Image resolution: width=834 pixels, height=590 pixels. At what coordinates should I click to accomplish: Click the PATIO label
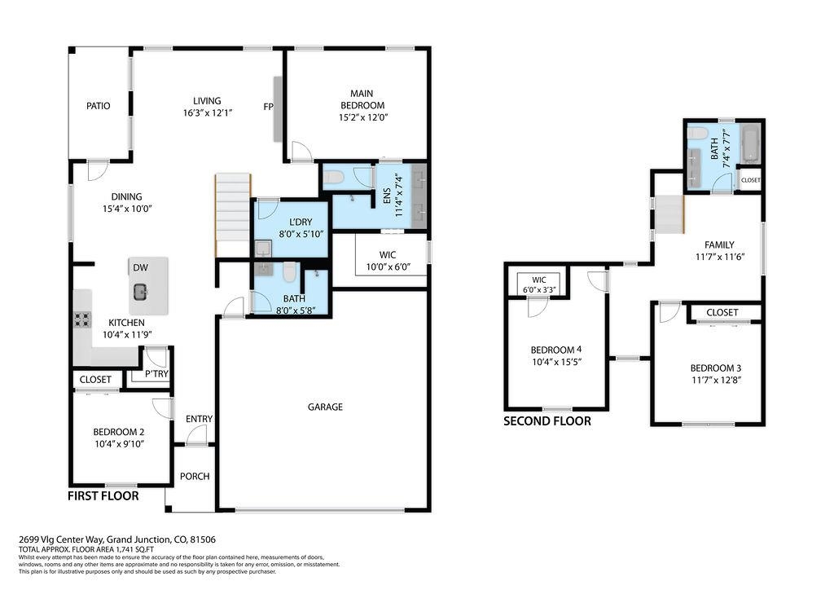pyautogui.click(x=99, y=106)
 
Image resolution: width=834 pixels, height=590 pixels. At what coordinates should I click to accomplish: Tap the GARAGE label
pyautogui.click(x=325, y=407)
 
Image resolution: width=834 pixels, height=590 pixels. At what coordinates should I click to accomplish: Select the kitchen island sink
pyautogui.click(x=140, y=292)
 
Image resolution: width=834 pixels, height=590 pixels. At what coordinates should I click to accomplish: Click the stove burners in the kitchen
pyautogui.click(x=82, y=319)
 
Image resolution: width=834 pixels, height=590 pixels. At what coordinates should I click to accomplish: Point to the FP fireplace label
pyautogui.click(x=268, y=107)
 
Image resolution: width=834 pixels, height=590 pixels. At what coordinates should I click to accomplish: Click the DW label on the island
pyautogui.click(x=140, y=267)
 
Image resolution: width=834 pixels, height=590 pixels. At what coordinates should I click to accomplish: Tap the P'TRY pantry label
pyautogui.click(x=156, y=374)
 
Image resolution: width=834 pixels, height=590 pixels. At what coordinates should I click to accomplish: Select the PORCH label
pyautogui.click(x=195, y=476)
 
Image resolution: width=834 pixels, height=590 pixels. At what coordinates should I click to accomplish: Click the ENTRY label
pyautogui.click(x=199, y=419)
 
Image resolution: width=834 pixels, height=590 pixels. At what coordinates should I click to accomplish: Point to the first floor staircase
pyautogui.click(x=232, y=215)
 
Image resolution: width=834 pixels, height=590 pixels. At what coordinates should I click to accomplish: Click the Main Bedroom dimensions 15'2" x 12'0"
pyautogui.click(x=363, y=117)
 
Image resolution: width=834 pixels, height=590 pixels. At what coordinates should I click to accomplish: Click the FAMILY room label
pyautogui.click(x=719, y=245)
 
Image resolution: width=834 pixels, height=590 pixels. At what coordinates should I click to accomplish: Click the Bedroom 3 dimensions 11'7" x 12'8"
pyautogui.click(x=716, y=380)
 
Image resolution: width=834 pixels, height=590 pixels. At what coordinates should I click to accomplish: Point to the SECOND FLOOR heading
pyautogui.click(x=547, y=421)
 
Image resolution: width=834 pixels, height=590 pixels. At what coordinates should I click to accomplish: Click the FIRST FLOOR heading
pyautogui.click(x=103, y=496)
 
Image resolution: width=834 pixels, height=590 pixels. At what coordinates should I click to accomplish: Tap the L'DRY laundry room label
pyautogui.click(x=301, y=222)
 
